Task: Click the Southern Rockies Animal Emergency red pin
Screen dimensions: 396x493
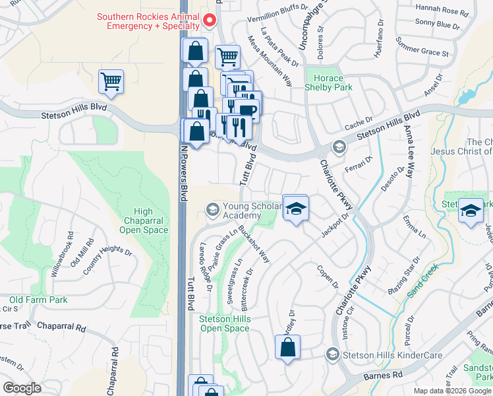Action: click(209, 21)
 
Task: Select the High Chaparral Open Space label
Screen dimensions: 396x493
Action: click(139, 221)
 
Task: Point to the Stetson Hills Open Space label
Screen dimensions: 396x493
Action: click(225, 323)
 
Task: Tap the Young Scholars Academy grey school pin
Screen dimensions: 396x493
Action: click(212, 209)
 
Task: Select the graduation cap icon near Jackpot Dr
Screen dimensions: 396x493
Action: click(296, 208)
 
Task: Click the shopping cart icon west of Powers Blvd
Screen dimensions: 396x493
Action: click(111, 82)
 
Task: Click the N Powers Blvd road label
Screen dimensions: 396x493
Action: click(184, 168)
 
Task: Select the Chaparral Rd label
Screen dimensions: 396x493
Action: click(61, 327)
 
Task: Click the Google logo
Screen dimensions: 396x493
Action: click(22, 388)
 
